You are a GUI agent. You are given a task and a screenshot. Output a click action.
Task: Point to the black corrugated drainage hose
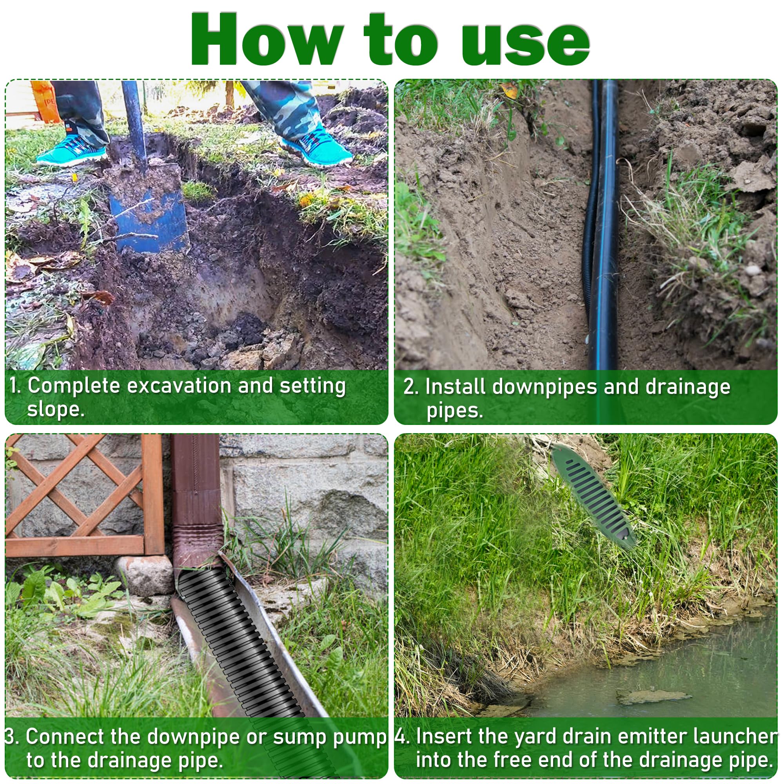coord(235,641)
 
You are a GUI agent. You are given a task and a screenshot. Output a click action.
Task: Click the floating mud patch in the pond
coord(653,697)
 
